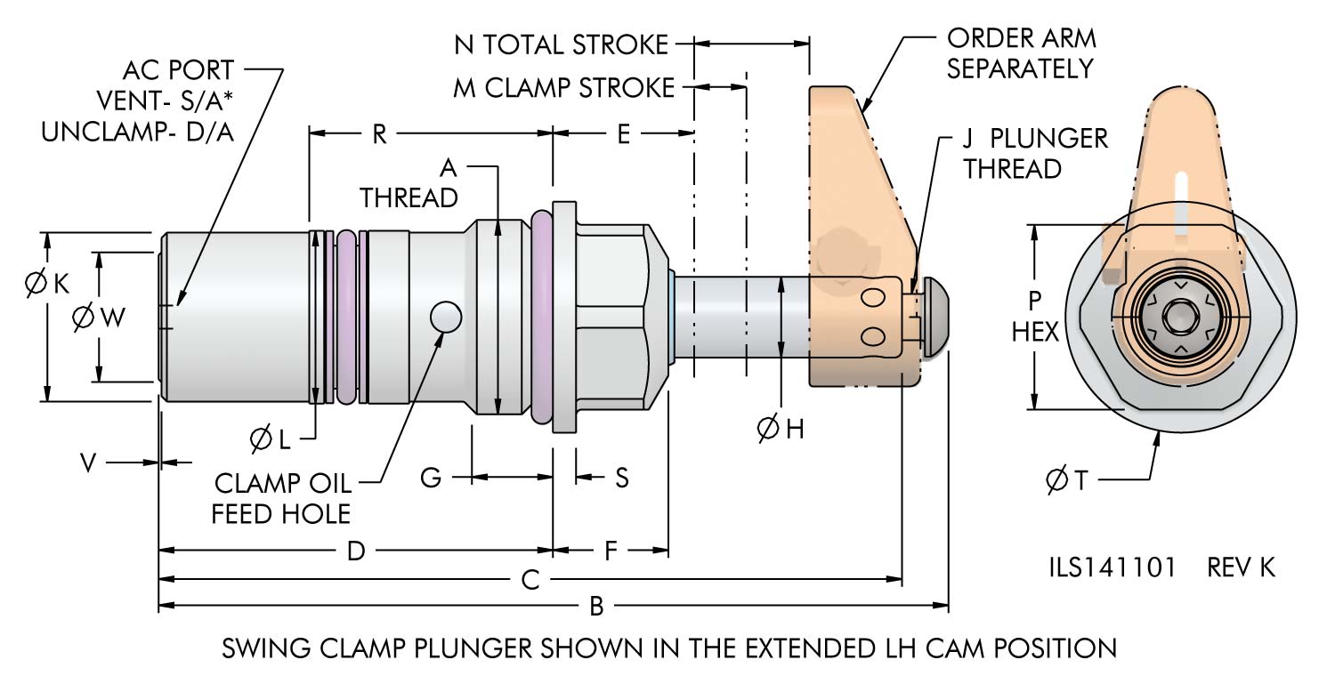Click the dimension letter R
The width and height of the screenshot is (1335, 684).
378,134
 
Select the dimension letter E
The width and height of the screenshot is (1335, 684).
623,134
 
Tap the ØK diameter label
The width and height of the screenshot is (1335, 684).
47,284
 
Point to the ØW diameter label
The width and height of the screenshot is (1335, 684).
101,317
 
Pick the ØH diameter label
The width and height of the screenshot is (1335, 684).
781,429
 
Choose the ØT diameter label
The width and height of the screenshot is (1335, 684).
1068,480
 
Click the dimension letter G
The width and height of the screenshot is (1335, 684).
431,478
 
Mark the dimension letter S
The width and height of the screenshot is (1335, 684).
622,478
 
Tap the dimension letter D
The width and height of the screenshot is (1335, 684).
356,551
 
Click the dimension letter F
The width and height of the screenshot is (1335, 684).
611,551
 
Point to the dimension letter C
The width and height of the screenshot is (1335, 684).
530,580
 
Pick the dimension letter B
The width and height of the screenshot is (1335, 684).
597,607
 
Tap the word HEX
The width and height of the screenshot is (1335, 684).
1036,332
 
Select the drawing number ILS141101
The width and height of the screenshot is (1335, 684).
1112,567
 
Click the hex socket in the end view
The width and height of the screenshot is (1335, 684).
1180,317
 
